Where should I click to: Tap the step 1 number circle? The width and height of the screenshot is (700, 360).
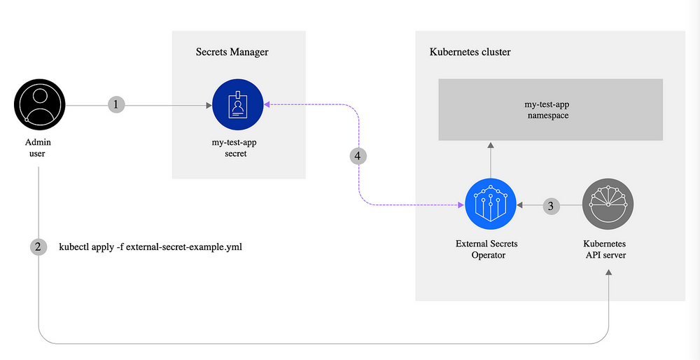[118, 104]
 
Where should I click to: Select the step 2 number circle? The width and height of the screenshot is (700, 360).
[39, 247]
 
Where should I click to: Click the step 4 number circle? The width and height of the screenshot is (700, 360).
[358, 155]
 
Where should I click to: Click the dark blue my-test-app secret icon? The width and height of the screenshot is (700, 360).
[238, 104]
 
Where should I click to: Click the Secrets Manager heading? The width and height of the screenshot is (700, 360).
[232, 52]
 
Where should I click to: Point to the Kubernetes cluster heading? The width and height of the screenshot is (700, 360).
[470, 53]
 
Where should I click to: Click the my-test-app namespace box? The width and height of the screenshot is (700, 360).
[550, 109]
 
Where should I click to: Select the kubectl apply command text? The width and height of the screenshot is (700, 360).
[150, 247]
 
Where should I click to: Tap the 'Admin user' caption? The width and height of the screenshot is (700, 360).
[38, 148]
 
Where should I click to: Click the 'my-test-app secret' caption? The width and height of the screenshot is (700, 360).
[238, 148]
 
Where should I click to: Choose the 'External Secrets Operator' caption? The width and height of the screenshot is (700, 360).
[490, 249]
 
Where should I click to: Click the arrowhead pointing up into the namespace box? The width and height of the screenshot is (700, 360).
[491, 144]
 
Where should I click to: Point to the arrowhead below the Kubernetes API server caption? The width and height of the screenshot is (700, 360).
[608, 273]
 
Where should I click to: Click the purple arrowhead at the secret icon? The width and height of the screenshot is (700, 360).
[267, 105]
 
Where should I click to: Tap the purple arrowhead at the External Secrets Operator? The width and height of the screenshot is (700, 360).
[460, 206]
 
